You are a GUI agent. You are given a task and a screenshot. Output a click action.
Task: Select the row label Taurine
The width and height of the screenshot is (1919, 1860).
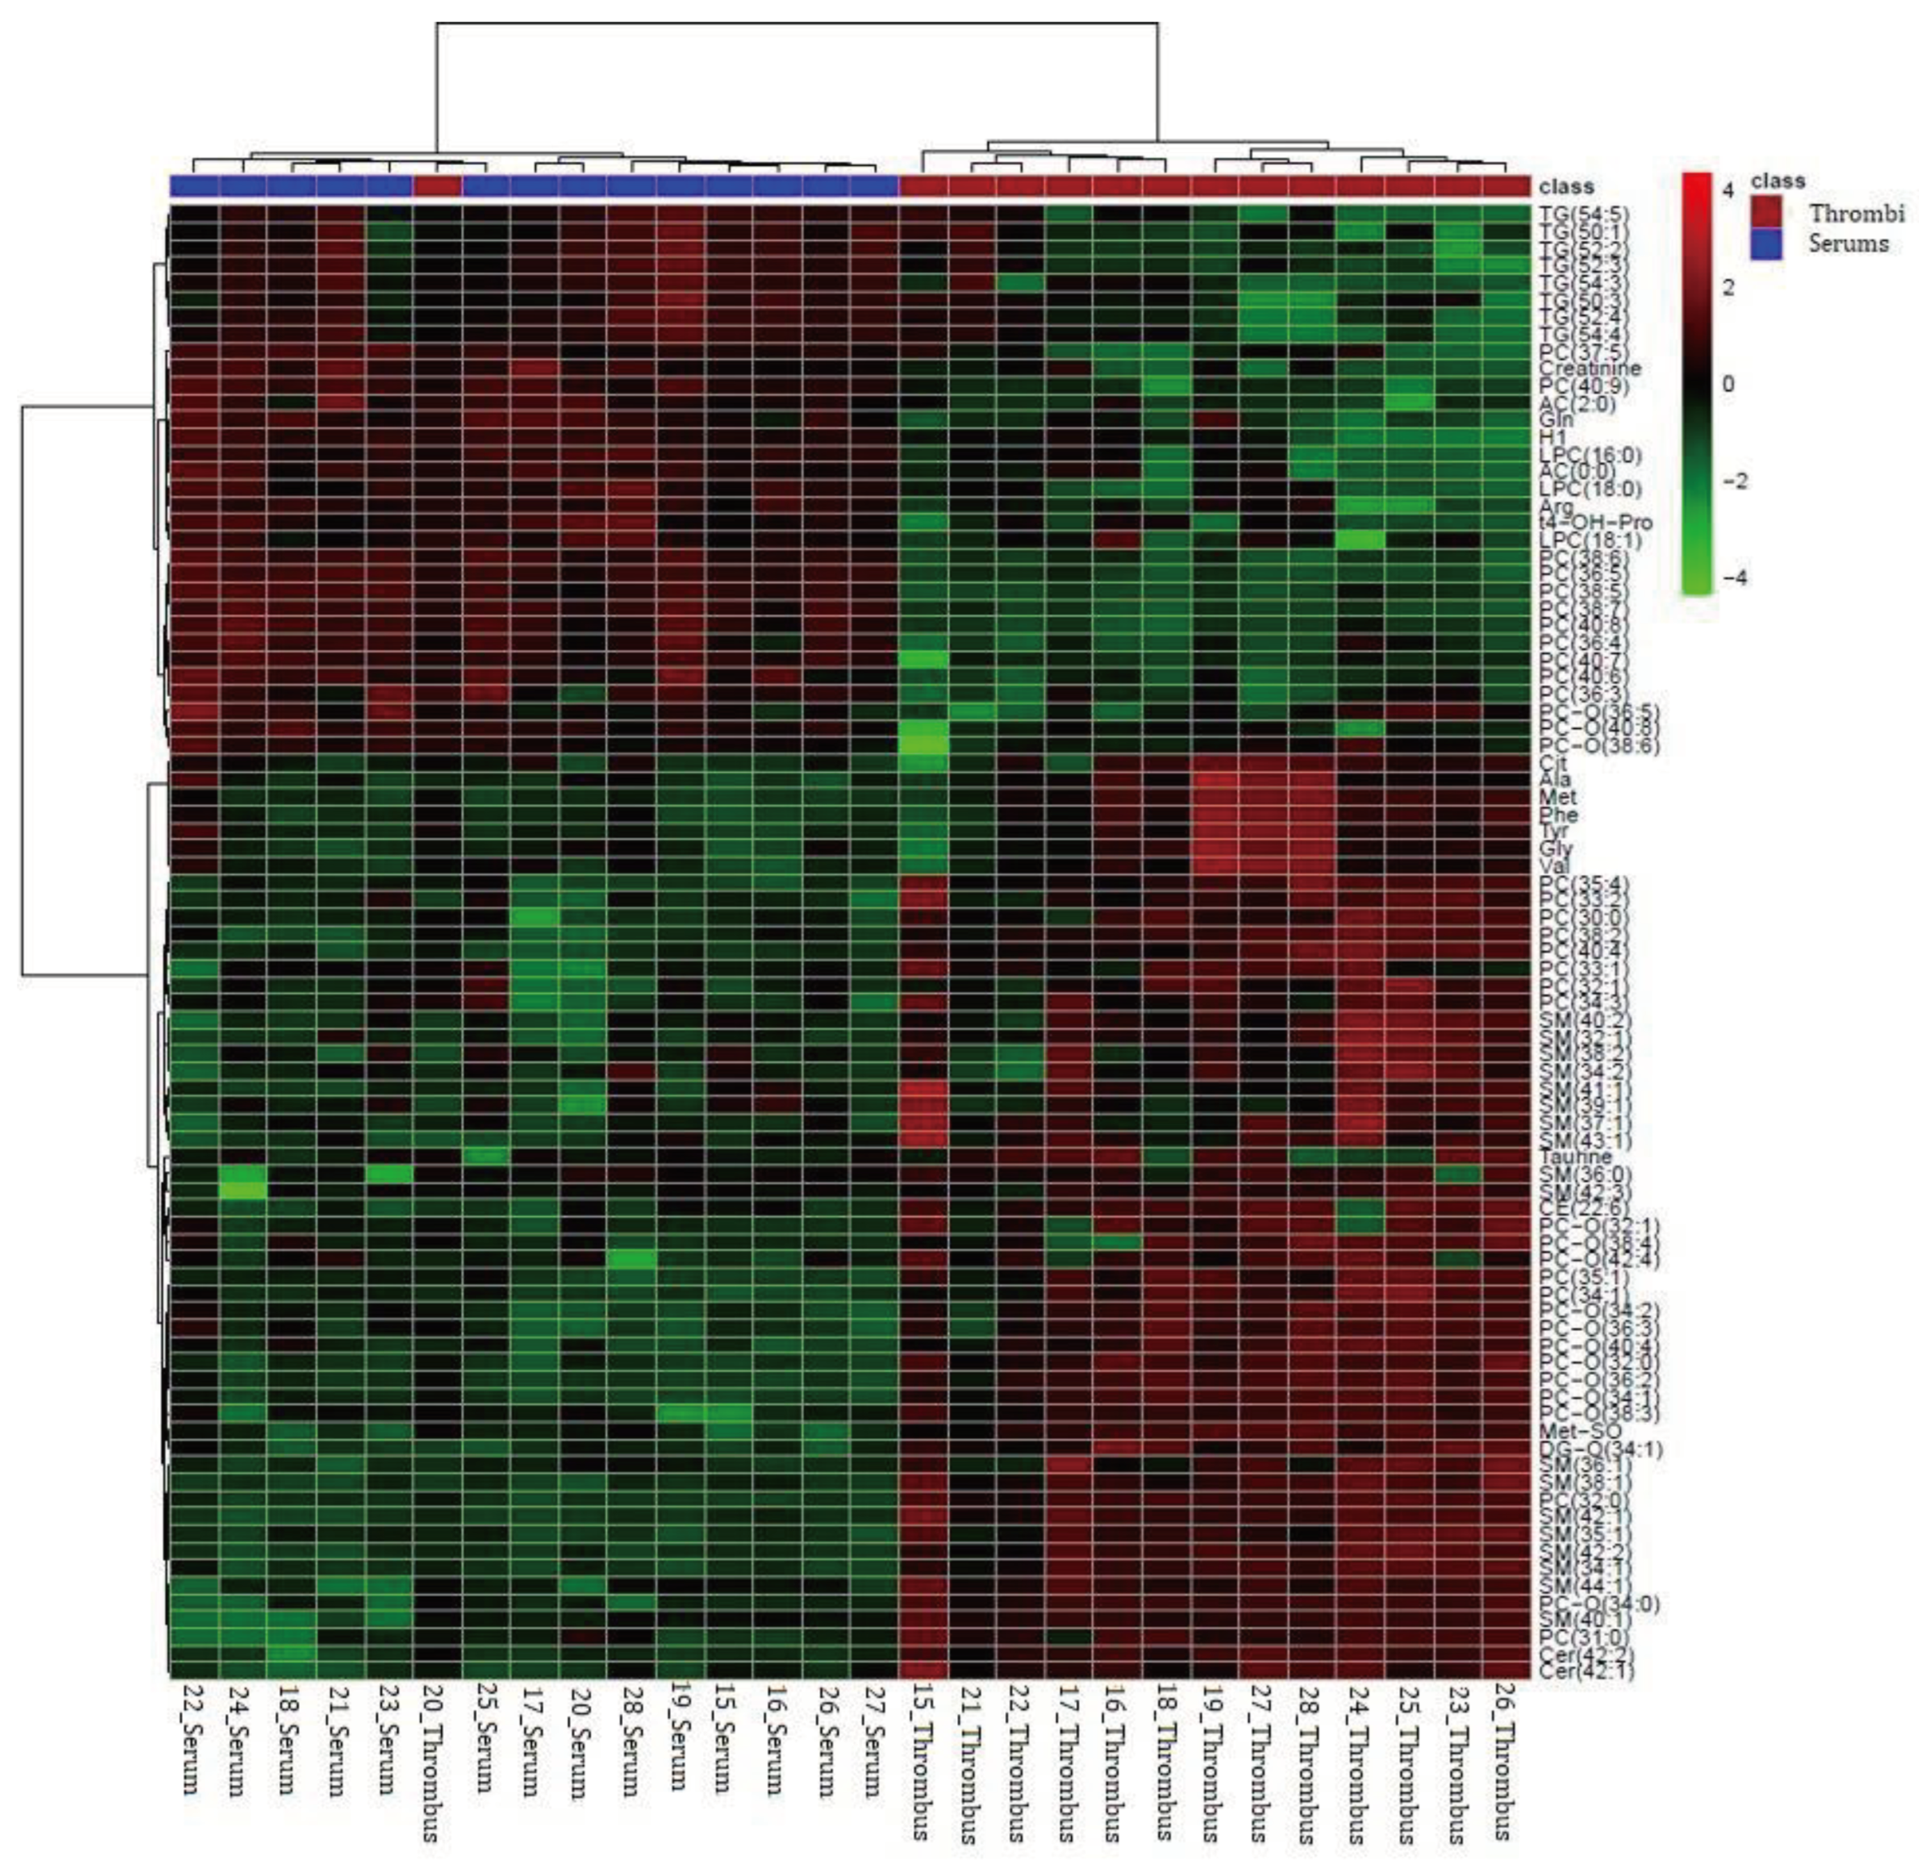tap(1573, 1156)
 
